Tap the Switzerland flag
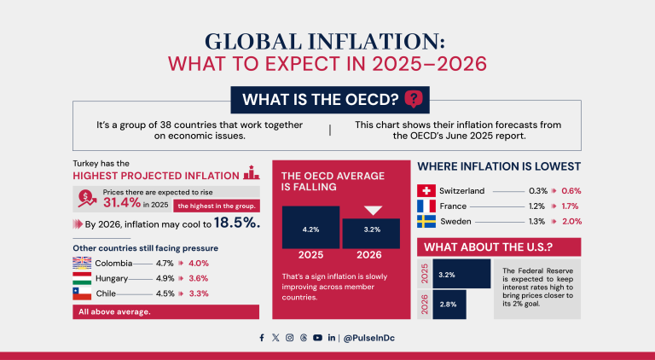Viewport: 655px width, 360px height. [x=427, y=190]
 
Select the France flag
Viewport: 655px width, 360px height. [x=427, y=206]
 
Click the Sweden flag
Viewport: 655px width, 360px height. [x=427, y=221]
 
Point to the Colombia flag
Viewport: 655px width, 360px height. [x=82, y=263]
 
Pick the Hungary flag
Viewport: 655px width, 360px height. [x=82, y=278]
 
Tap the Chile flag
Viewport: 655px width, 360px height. [x=82, y=293]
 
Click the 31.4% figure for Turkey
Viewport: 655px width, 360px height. [x=122, y=204]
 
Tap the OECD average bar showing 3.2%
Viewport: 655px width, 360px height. [x=371, y=233]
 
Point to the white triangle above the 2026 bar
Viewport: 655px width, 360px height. [x=374, y=211]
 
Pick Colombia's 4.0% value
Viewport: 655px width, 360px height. [x=198, y=263]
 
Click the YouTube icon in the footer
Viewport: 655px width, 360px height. [x=317, y=338]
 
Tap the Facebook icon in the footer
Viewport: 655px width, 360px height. [x=262, y=338]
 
